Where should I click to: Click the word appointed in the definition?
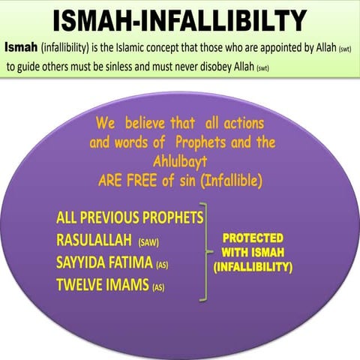click(x=272, y=48)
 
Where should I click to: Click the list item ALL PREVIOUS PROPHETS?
click(x=129, y=218)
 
